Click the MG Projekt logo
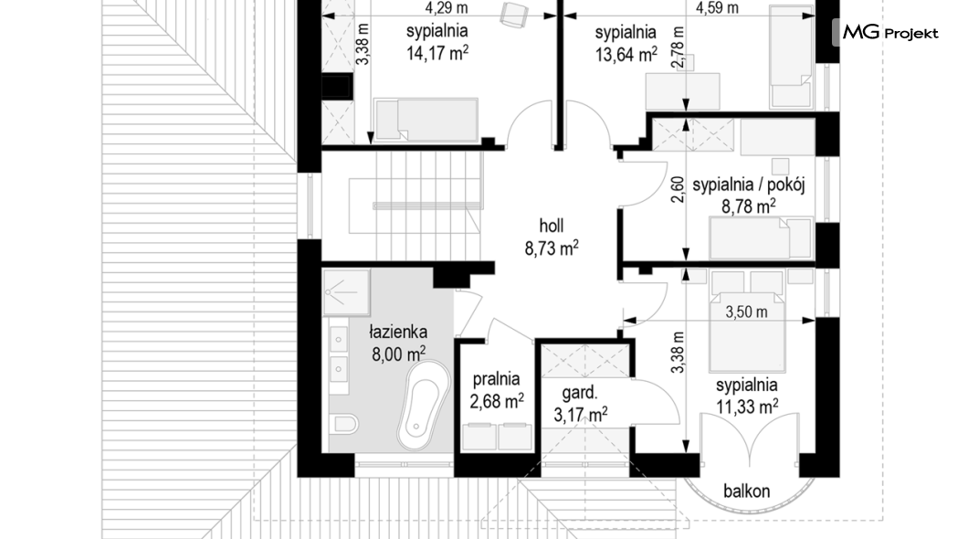(x=889, y=32)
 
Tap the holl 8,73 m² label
(x=552, y=238)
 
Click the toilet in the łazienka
(x=344, y=424)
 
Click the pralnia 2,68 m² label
(x=497, y=390)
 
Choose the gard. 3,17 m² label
(x=580, y=404)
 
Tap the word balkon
(x=746, y=491)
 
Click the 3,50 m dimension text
(x=746, y=312)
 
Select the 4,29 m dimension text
(x=447, y=8)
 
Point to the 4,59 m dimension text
(x=717, y=8)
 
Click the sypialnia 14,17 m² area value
(x=437, y=53)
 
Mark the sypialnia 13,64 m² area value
(x=626, y=54)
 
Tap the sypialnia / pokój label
(x=748, y=185)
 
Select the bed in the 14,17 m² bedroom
(x=426, y=120)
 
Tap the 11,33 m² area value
(x=747, y=407)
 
